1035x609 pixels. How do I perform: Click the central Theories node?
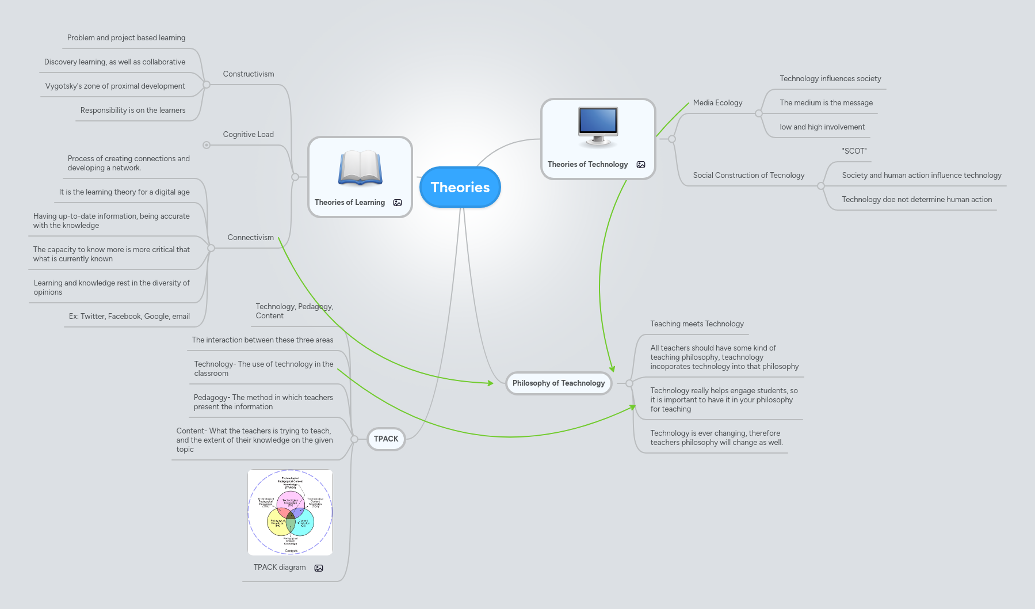point(460,187)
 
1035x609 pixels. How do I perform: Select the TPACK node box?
point(386,439)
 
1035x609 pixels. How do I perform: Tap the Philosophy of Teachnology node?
point(558,383)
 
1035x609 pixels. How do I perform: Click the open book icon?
point(360,168)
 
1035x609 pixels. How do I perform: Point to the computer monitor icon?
point(598,127)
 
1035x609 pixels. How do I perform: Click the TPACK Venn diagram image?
point(290,512)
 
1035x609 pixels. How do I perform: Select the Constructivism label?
point(249,74)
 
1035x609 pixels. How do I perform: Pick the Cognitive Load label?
point(249,134)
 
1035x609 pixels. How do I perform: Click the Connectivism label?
point(250,237)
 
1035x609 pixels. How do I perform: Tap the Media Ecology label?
point(717,102)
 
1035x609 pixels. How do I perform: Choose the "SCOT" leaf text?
point(854,151)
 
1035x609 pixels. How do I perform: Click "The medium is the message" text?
point(826,102)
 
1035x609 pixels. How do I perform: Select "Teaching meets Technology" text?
point(697,323)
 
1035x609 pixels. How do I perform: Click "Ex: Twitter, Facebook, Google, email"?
point(129,316)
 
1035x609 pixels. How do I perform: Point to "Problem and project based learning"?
point(126,37)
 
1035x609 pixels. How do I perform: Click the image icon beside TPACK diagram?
point(319,568)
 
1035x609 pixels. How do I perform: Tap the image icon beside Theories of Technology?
point(641,165)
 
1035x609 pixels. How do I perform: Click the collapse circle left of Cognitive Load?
point(207,145)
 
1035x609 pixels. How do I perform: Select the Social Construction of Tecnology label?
point(748,175)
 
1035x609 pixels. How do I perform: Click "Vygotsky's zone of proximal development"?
point(115,86)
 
